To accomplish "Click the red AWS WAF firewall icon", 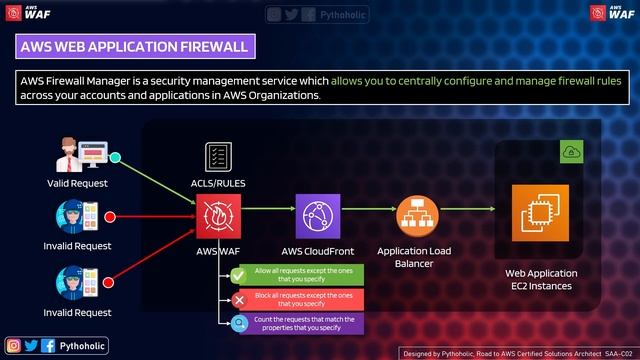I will (219, 214).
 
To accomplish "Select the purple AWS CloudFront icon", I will (318, 214).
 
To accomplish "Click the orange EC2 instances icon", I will (539, 214).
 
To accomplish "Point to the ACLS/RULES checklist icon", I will (219, 158).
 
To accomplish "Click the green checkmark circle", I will (239, 274).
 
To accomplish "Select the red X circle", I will (239, 299).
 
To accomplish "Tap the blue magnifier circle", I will (239, 323).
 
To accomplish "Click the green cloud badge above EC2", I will (570, 151).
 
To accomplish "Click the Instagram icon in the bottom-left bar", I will (14, 345).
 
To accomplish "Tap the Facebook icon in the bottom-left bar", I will (48, 345).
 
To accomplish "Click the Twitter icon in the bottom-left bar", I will (31, 345).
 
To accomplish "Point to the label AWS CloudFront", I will (318, 250).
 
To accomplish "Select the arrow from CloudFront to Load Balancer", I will (368, 210).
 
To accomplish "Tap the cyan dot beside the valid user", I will (115, 157).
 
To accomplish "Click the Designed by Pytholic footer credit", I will (518, 353).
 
